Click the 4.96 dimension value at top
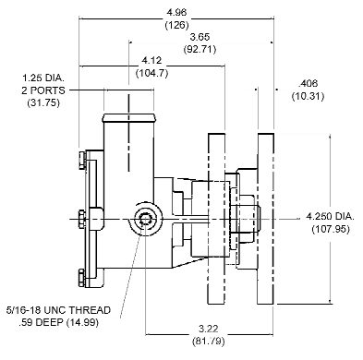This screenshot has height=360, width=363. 176,12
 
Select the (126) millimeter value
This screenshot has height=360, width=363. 176,25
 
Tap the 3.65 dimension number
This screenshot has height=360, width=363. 200,37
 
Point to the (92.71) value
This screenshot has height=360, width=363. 200,49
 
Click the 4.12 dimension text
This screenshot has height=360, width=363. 151,60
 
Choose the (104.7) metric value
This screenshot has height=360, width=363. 152,73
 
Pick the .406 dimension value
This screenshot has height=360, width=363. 308,83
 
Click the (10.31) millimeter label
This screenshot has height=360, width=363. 308,96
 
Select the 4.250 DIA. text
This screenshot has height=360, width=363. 331,216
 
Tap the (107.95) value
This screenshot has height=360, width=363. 331,229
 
